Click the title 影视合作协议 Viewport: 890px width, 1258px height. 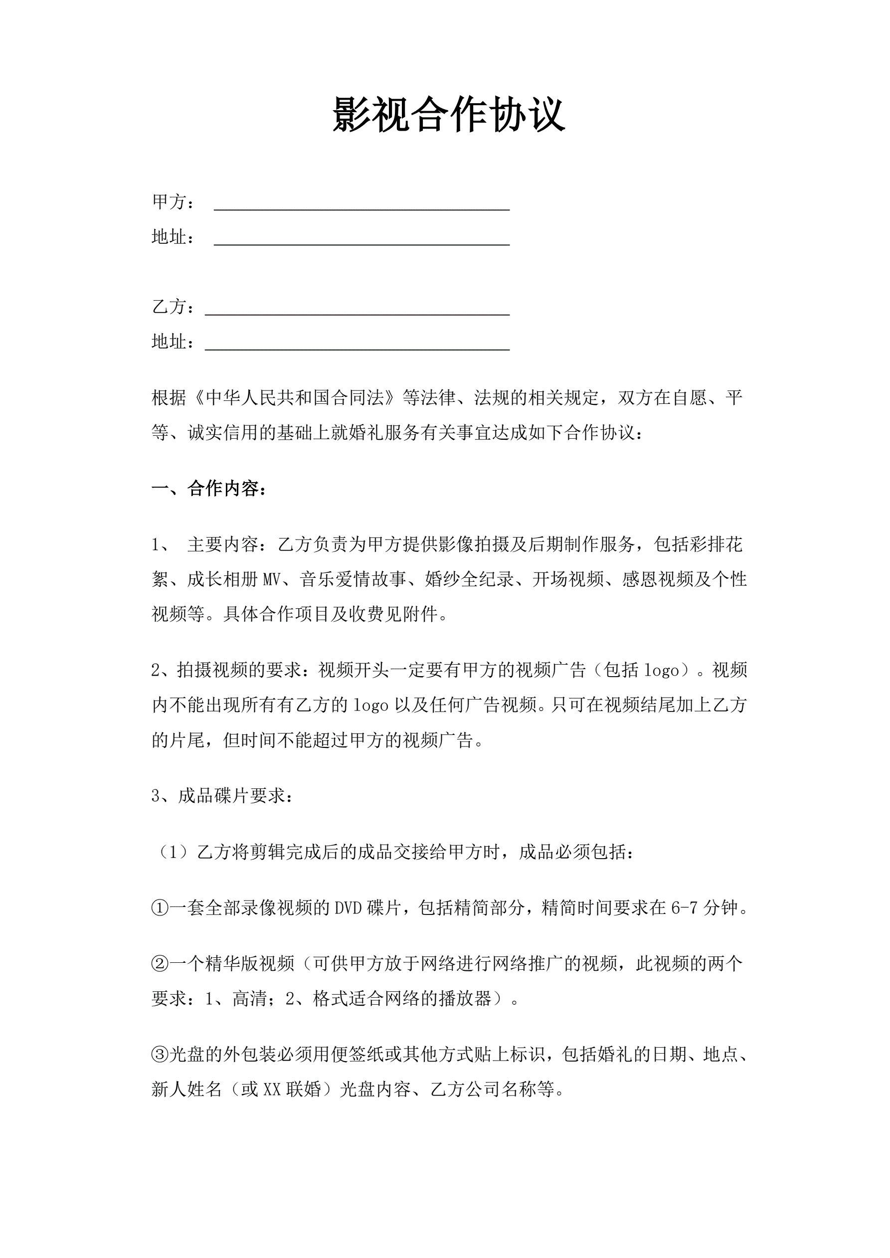click(x=448, y=115)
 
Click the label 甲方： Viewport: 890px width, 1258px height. click(x=173, y=202)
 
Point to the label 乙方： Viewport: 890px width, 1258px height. click(x=173, y=307)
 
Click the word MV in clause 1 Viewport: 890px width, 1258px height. click(x=272, y=580)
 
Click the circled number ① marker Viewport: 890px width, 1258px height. click(x=160, y=908)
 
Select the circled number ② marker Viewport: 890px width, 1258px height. click(x=160, y=963)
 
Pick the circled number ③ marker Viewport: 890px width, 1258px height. click(x=160, y=1055)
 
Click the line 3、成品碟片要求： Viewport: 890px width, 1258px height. click(x=222, y=796)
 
